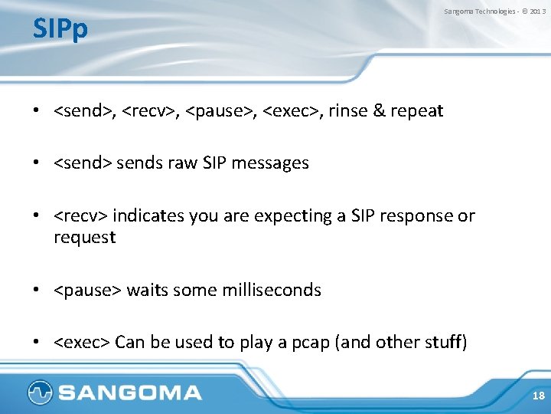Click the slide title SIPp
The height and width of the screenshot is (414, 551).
point(60,29)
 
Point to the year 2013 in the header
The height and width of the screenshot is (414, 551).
point(537,11)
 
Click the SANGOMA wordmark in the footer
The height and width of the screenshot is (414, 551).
point(129,393)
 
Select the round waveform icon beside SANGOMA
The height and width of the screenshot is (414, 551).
point(39,393)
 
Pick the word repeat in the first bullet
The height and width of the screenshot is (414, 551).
point(416,110)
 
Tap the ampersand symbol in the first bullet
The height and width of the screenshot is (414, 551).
point(379,110)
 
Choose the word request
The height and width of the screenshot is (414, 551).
point(84,238)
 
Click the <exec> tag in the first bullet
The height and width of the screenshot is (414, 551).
point(292,110)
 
